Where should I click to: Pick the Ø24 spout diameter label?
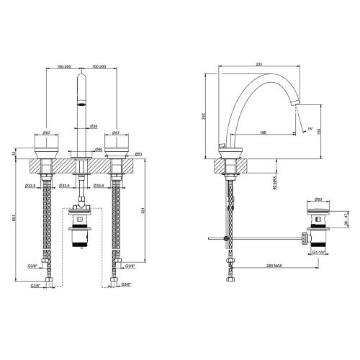click(x=94, y=127)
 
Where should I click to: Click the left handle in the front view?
click(x=45, y=146)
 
